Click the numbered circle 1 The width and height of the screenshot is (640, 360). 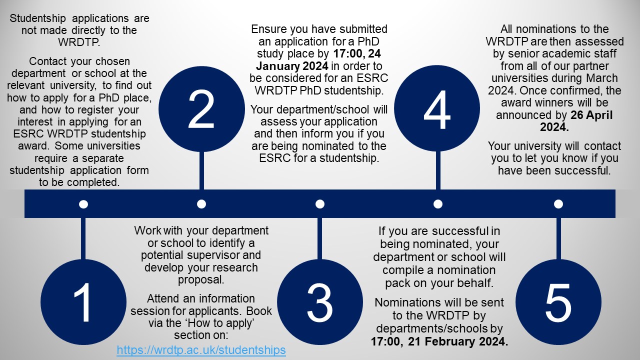(x=83, y=302)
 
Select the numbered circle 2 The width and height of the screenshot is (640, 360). (x=201, y=109)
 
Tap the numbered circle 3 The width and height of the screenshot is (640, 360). (x=320, y=302)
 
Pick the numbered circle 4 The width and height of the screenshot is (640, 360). (x=437, y=108)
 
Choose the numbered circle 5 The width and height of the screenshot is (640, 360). (x=558, y=302)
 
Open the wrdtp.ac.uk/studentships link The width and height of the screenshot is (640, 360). (x=201, y=350)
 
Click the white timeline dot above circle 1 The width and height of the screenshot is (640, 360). (x=83, y=204)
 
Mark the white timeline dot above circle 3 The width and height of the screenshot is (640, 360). (x=320, y=204)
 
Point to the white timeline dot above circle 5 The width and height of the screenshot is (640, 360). (x=558, y=204)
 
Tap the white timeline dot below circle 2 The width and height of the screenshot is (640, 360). (x=201, y=204)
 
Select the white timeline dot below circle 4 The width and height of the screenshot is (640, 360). (x=438, y=204)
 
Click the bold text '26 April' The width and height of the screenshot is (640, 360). (x=591, y=115)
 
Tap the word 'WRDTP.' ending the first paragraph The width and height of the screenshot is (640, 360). (x=79, y=42)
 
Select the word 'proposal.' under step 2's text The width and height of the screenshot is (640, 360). (x=201, y=280)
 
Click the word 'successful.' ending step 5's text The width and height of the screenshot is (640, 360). (x=582, y=170)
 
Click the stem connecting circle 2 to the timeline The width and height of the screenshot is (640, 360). (x=201, y=170)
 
